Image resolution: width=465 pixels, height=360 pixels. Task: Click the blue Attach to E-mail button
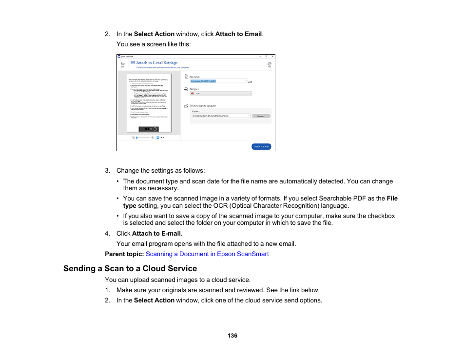[261, 146]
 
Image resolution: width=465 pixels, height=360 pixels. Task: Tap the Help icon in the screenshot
[270, 64]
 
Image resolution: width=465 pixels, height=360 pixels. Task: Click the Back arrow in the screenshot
[122, 64]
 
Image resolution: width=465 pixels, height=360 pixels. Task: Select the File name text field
[218, 81]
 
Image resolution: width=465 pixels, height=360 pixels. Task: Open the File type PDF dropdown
[220, 93]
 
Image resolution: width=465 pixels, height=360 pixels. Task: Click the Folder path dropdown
[220, 116]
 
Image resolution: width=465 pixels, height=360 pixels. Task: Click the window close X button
[272, 57]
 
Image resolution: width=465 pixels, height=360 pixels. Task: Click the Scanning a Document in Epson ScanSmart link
[207, 254]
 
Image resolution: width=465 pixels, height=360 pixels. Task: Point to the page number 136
[232, 336]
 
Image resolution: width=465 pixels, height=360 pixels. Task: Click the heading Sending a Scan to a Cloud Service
[130, 269]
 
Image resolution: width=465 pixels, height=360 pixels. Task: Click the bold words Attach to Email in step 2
[238, 34]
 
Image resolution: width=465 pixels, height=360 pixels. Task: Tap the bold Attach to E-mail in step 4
[156, 234]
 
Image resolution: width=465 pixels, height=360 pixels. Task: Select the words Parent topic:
[124, 254]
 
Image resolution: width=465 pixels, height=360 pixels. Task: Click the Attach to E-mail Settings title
[156, 63]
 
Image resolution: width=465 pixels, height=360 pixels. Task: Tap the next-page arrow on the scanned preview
[155, 129]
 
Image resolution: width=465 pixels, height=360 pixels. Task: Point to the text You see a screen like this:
[154, 44]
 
